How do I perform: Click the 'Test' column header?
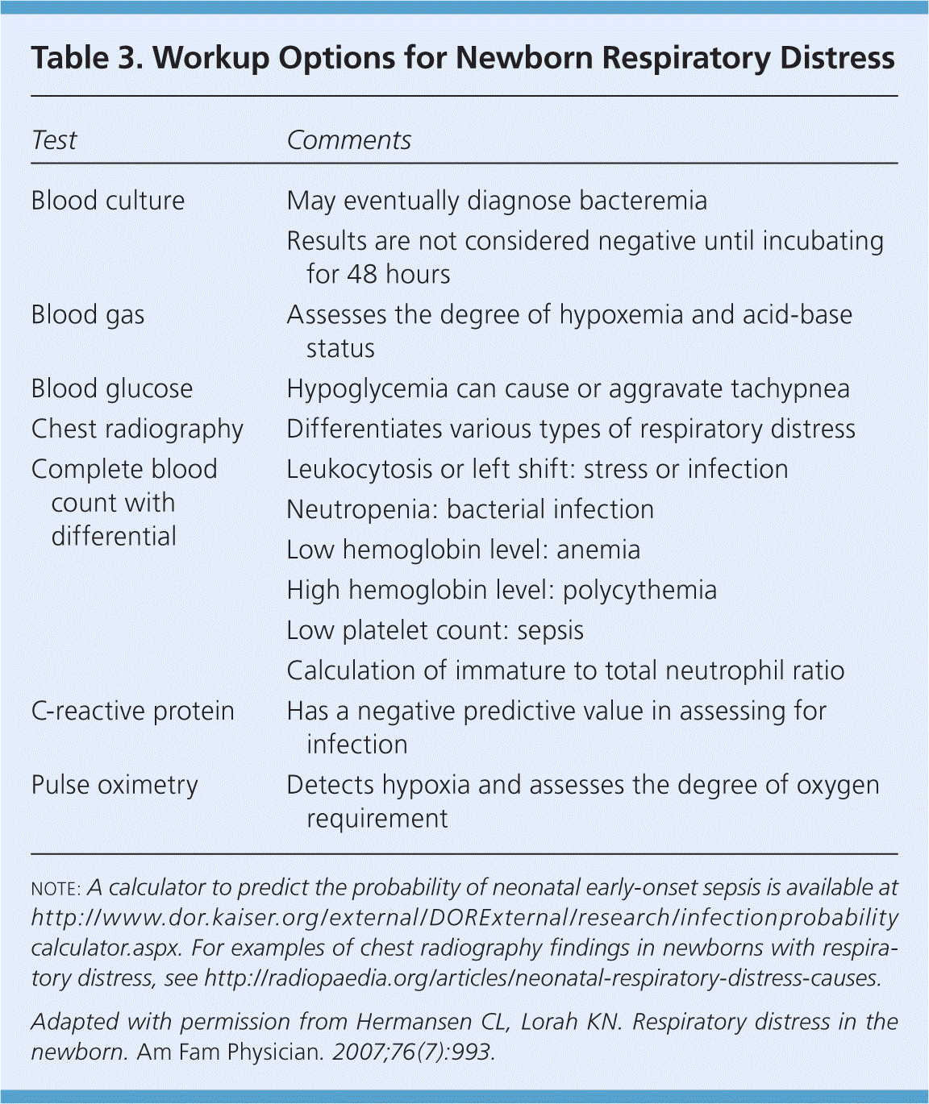click(x=54, y=140)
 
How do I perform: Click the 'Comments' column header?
click(x=348, y=140)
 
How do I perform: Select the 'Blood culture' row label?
click(x=108, y=201)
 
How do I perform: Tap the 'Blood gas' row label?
click(x=88, y=315)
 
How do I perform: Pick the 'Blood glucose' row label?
click(x=112, y=389)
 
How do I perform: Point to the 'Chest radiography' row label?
click(x=137, y=430)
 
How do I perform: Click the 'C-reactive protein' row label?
click(x=133, y=712)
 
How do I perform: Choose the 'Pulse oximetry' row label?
click(x=115, y=785)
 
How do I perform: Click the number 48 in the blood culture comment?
click(x=362, y=275)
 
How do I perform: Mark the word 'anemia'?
click(x=598, y=550)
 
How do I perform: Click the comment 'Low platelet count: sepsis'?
click(x=435, y=631)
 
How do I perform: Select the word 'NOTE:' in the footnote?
click(x=56, y=889)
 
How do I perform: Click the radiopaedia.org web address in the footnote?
click(x=543, y=978)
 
